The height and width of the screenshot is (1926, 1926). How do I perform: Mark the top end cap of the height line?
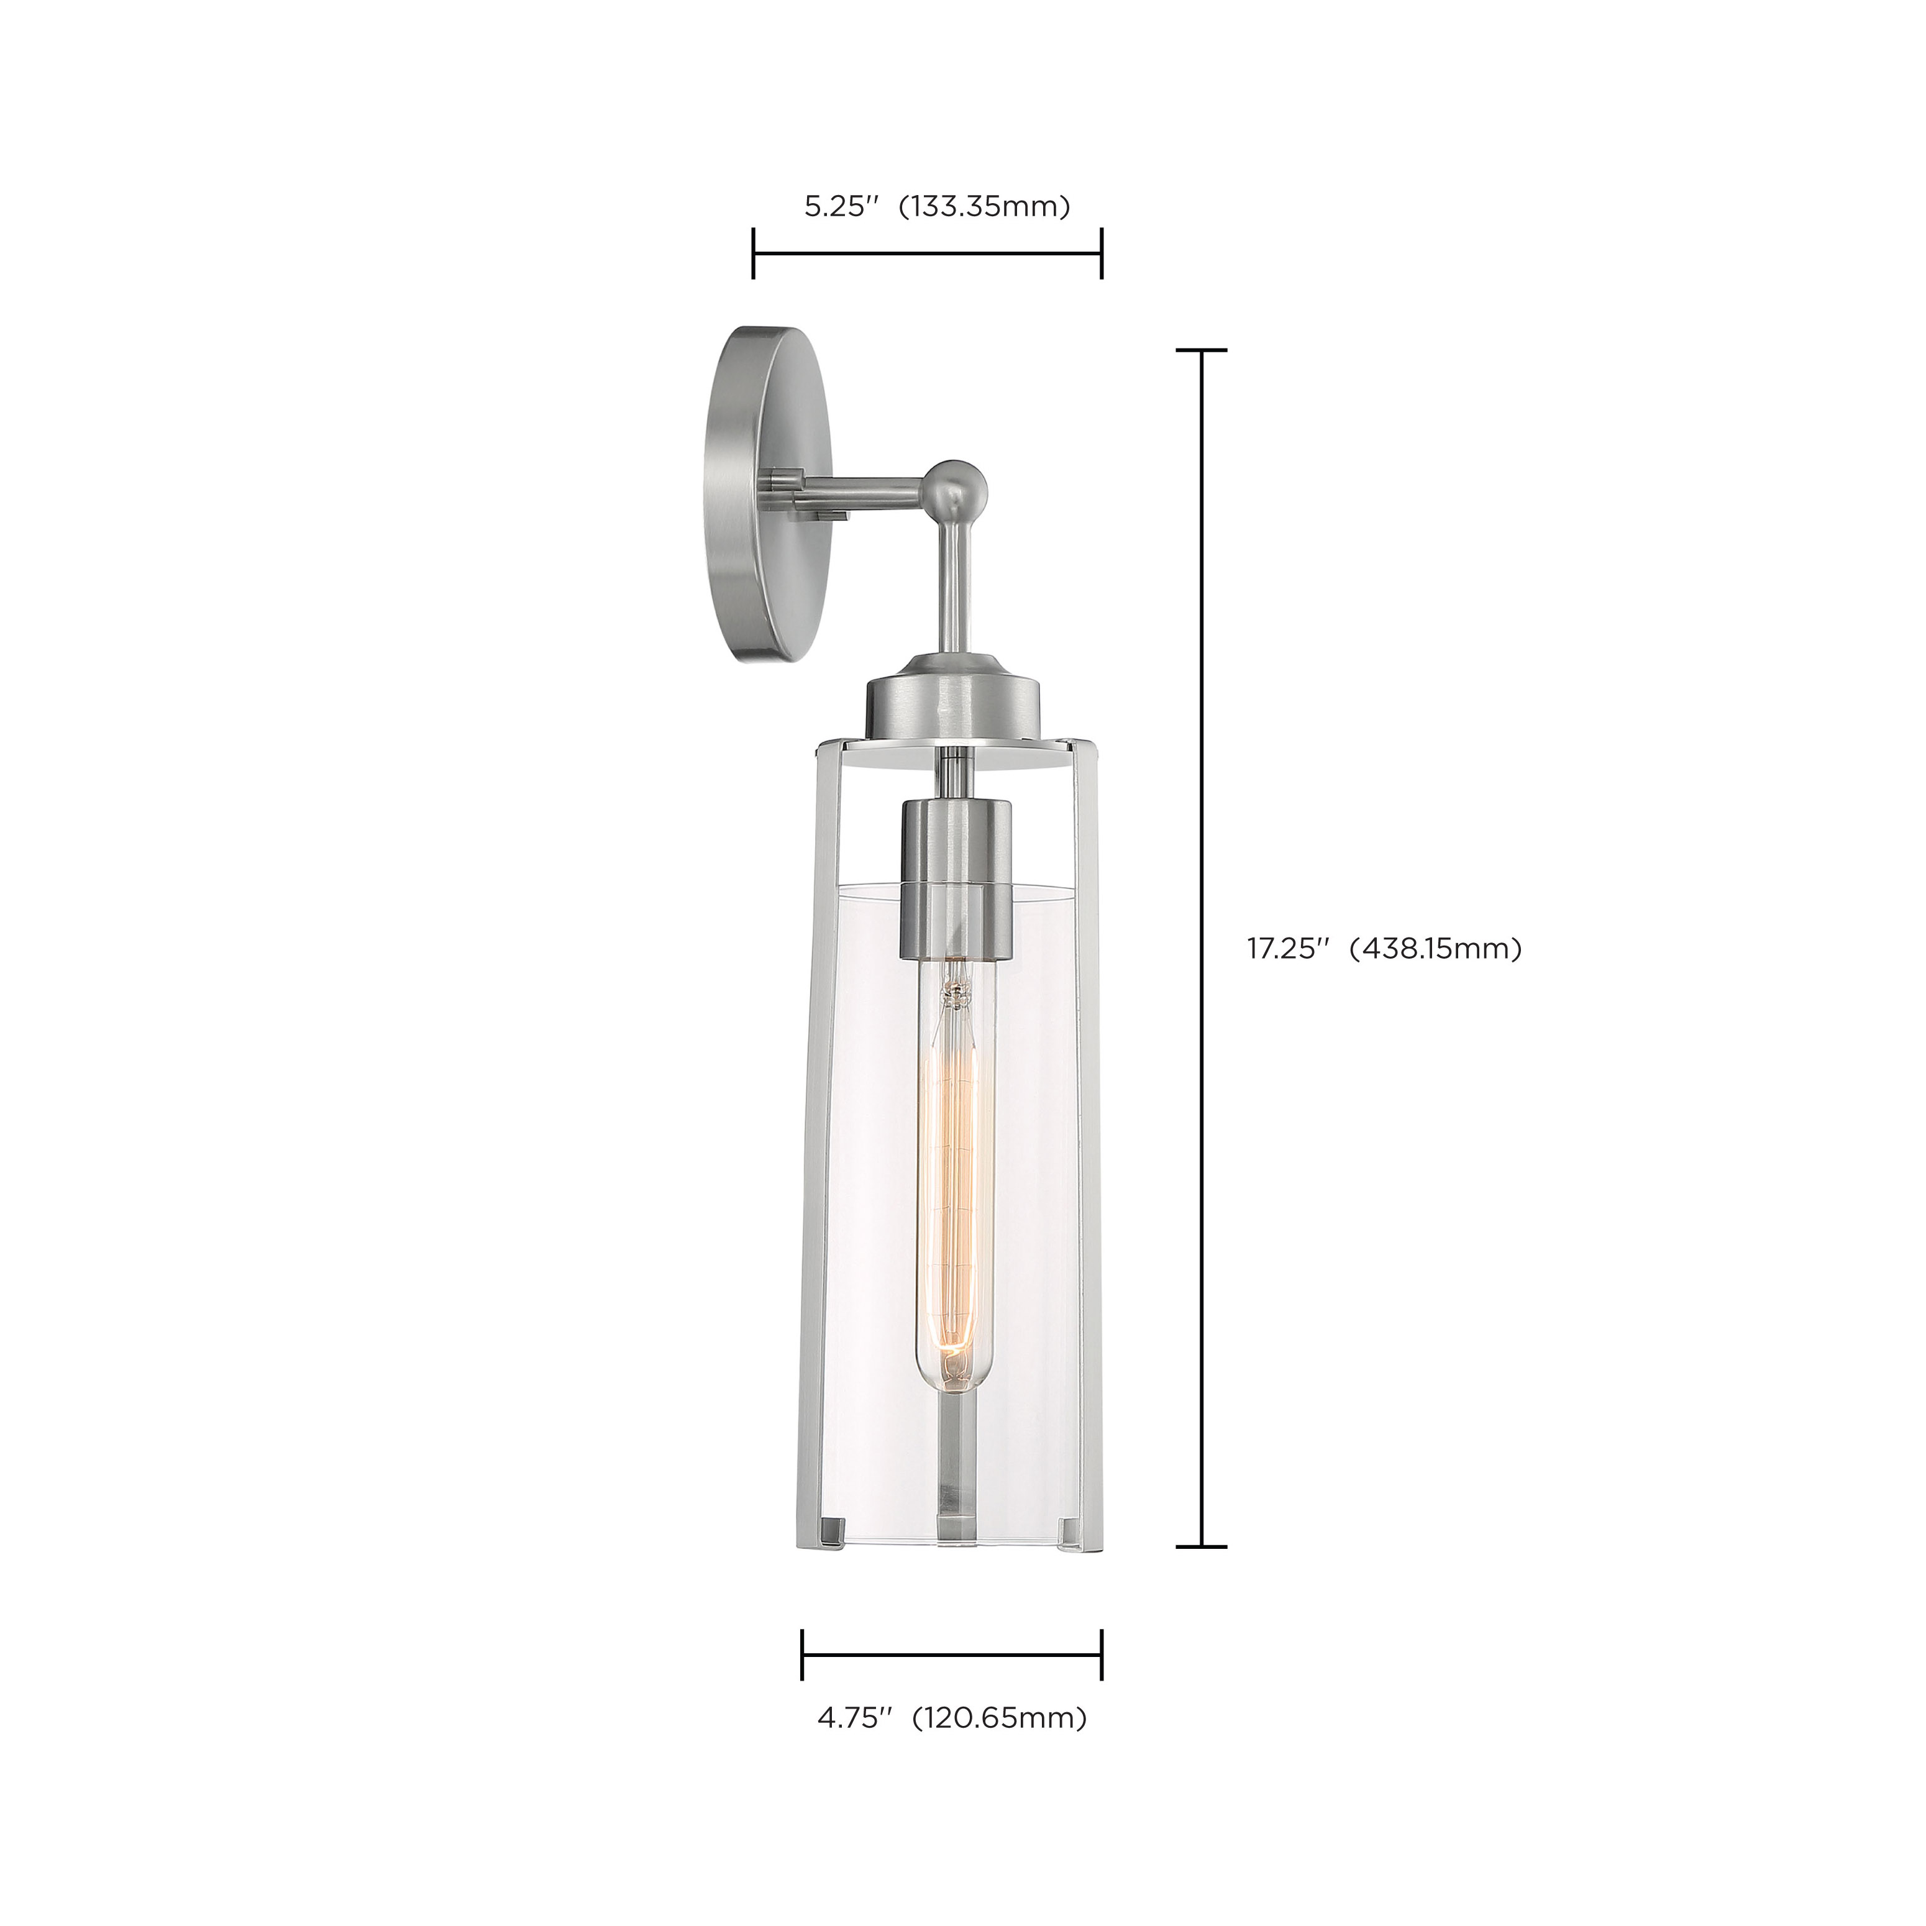pos(1201,351)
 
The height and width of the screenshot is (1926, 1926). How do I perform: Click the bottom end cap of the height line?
pos(1201,1547)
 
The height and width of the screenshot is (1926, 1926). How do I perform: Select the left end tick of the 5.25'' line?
pos(754,254)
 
